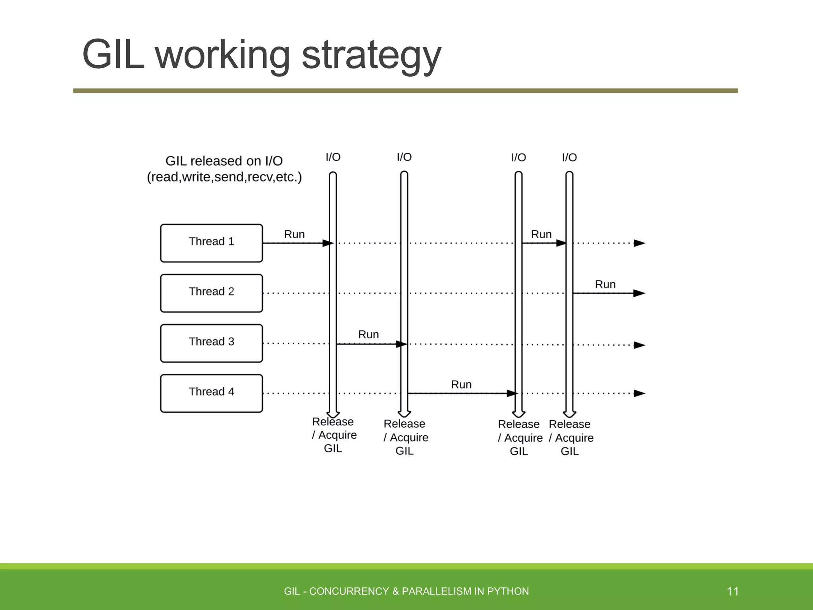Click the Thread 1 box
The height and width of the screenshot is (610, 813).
click(x=211, y=243)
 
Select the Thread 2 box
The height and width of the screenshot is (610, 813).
click(x=211, y=293)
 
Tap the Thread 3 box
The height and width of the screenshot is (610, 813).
click(x=211, y=343)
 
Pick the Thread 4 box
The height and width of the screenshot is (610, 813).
click(x=211, y=393)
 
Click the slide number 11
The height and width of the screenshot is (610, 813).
click(x=732, y=591)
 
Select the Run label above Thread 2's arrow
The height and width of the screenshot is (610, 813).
click(x=605, y=284)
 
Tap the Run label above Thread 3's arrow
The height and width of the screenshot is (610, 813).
click(x=368, y=334)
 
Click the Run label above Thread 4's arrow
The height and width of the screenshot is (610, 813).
click(x=461, y=384)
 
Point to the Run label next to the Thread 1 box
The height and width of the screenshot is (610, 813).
click(x=294, y=234)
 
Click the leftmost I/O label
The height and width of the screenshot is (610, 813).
click(x=333, y=157)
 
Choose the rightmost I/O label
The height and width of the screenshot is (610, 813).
click(x=569, y=158)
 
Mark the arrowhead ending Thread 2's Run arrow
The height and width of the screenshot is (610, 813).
click(x=639, y=293)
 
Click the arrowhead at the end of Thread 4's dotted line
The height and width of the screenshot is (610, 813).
click(x=639, y=394)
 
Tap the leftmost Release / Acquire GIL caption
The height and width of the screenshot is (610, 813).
click(x=333, y=435)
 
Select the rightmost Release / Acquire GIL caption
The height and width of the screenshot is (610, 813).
click(x=571, y=438)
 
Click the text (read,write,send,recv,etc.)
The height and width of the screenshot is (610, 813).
click(x=224, y=177)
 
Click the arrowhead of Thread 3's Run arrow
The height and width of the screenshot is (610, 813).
click(x=402, y=344)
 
